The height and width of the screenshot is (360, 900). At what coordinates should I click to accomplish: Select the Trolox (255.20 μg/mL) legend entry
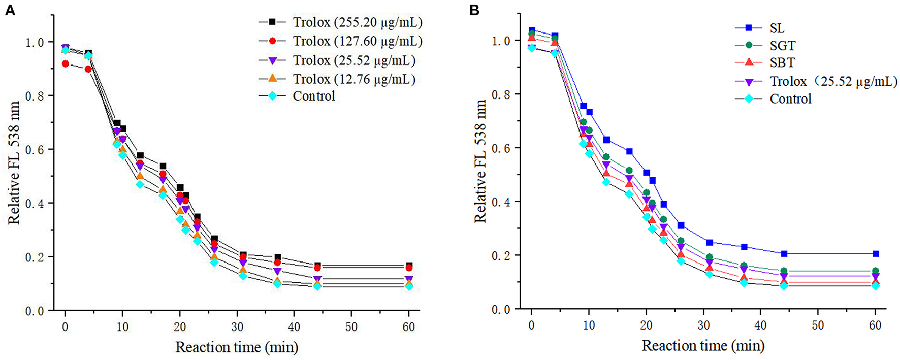click(x=357, y=22)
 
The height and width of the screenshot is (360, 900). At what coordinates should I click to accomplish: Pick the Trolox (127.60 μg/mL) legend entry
click(x=357, y=41)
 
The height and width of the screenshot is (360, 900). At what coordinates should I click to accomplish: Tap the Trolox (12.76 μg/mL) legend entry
click(x=354, y=79)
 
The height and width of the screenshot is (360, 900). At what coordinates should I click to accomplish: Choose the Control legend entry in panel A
click(x=314, y=96)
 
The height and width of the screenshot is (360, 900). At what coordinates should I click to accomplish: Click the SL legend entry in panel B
click(x=777, y=28)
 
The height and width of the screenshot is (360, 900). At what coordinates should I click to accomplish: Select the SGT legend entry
click(x=782, y=46)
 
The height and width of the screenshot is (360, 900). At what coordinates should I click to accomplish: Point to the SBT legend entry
click(x=782, y=63)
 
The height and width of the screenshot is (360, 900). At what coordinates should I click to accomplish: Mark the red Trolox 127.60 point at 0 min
click(x=65, y=64)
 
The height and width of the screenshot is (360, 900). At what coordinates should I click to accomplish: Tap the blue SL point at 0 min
click(x=532, y=31)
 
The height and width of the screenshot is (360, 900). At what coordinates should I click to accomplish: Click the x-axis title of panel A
click(x=237, y=348)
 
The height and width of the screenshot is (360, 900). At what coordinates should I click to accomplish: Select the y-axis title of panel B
click(x=480, y=161)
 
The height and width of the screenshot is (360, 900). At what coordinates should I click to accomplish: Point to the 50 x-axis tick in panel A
click(x=351, y=326)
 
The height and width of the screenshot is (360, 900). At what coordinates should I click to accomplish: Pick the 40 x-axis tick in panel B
click(x=760, y=325)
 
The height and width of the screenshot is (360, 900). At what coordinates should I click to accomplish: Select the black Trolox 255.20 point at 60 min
click(x=409, y=266)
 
